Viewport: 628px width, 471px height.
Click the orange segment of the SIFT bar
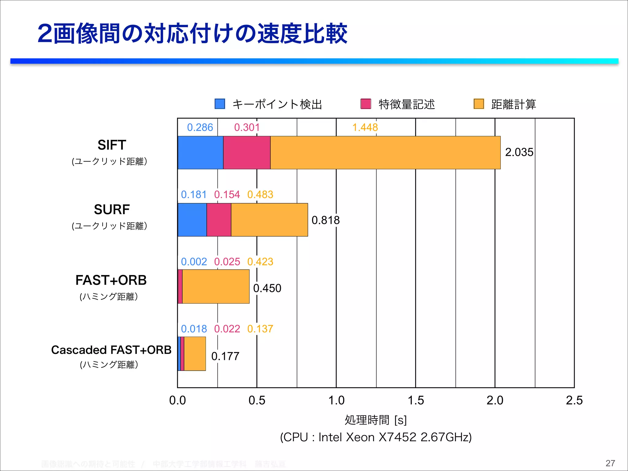pyautogui.click(x=385, y=153)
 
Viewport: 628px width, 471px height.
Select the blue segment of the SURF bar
pyautogui.click(x=192, y=220)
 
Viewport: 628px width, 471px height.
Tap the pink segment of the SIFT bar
pyautogui.click(x=247, y=153)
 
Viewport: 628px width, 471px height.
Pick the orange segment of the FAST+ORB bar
pyautogui.click(x=216, y=287)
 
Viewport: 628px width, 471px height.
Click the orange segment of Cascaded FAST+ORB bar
pyautogui.click(x=195, y=354)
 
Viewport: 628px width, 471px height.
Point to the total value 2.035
pyautogui.click(x=519, y=152)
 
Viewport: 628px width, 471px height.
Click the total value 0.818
pyautogui.click(x=325, y=220)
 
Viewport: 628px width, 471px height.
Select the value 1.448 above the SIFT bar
pyautogui.click(x=365, y=128)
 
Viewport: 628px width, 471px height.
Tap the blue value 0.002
pyautogui.click(x=194, y=262)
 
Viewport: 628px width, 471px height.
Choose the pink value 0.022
pyautogui.click(x=227, y=329)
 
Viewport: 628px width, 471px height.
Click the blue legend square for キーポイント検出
pyautogui.click(x=220, y=104)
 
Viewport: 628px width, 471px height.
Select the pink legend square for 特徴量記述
pyautogui.click(x=366, y=104)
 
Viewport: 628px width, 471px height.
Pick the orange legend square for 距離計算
pyautogui.click(x=479, y=104)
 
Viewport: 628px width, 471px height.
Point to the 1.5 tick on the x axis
pyautogui.click(x=415, y=400)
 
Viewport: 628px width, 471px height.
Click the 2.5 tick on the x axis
pyautogui.click(x=574, y=400)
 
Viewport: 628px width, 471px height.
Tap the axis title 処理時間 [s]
pyautogui.click(x=376, y=420)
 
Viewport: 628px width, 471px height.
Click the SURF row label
pyautogui.click(x=112, y=210)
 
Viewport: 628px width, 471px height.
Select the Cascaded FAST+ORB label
pyautogui.click(x=111, y=350)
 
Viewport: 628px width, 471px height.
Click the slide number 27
pyautogui.click(x=610, y=463)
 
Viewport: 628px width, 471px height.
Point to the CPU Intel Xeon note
pyautogui.click(x=376, y=437)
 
